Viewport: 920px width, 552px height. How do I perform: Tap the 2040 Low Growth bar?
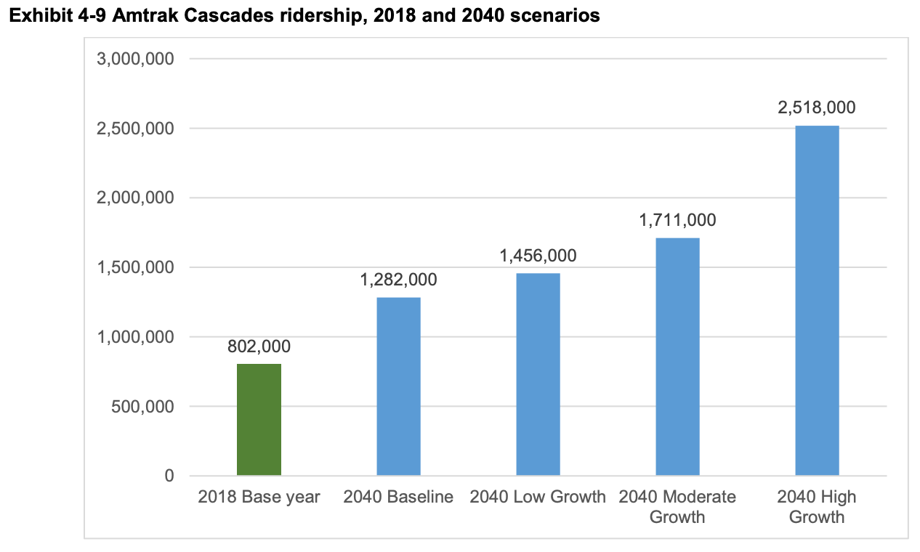pyautogui.click(x=538, y=374)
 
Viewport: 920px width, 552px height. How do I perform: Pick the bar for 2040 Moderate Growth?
pyautogui.click(x=677, y=357)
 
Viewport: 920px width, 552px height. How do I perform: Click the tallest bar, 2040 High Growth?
pyautogui.click(x=817, y=301)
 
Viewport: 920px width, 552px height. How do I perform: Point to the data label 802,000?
pyautogui.click(x=259, y=346)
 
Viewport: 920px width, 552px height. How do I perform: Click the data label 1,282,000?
pyautogui.click(x=398, y=280)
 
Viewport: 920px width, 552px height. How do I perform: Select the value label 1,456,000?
pyautogui.click(x=538, y=256)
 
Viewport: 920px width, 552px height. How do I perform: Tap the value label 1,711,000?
pyautogui.click(x=677, y=220)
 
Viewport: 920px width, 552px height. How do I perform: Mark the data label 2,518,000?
pyautogui.click(x=817, y=108)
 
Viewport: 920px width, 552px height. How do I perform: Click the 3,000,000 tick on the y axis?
pyautogui.click(x=136, y=59)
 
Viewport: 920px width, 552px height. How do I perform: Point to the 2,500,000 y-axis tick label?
pyautogui.click(x=136, y=129)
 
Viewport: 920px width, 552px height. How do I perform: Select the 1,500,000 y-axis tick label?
pyautogui.click(x=136, y=267)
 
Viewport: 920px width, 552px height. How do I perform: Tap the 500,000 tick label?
pyautogui.click(x=142, y=407)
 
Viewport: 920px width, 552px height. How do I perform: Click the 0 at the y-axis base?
pyautogui.click(x=169, y=476)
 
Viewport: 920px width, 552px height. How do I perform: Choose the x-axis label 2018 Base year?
pyautogui.click(x=259, y=498)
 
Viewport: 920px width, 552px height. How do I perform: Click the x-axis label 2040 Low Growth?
pyautogui.click(x=538, y=498)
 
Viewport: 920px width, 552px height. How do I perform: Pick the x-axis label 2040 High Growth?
pyautogui.click(x=817, y=507)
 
